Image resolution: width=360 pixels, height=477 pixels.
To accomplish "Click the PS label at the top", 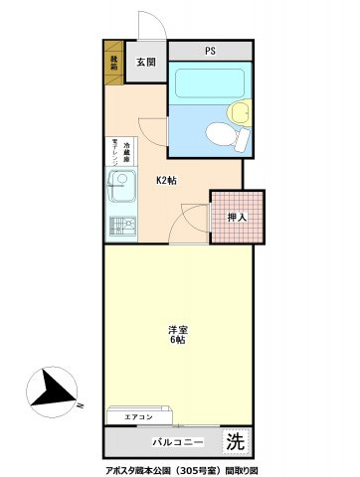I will click(x=210, y=52).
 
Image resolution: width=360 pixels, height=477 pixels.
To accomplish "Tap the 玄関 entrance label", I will click(x=146, y=63).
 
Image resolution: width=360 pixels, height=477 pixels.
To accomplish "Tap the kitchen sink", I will click(x=122, y=186).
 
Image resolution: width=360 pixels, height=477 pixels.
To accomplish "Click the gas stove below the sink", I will click(x=120, y=226).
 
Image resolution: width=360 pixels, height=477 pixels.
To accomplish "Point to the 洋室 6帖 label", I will click(x=177, y=335).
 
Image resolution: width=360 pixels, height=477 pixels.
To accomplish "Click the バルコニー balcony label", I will click(x=179, y=440).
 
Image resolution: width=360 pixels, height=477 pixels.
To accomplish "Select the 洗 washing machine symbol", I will click(x=235, y=439).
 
